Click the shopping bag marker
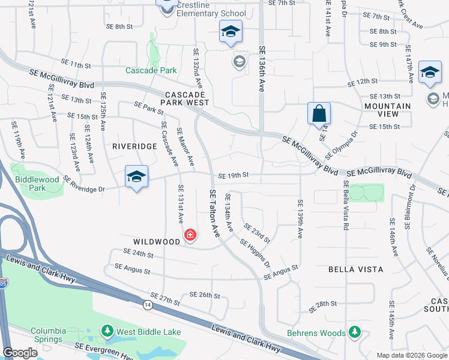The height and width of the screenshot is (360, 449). pyautogui.click(x=319, y=113)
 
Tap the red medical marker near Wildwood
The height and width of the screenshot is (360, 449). pyautogui.click(x=190, y=235)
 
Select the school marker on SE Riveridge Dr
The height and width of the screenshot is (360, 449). pyautogui.click(x=136, y=176)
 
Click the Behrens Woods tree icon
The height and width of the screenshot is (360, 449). pyautogui.click(x=355, y=332)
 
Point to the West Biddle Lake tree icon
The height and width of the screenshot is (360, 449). pyautogui.click(x=107, y=331)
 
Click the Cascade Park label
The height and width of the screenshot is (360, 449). pyautogui.click(x=151, y=70)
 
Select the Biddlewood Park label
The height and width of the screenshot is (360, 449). pyautogui.click(x=38, y=184)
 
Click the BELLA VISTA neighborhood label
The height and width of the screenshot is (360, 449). pyautogui.click(x=356, y=270)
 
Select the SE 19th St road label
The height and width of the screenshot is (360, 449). pyautogui.click(x=234, y=176)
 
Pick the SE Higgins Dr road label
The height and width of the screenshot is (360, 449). pyautogui.click(x=255, y=254)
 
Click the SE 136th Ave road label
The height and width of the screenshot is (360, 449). pyautogui.click(x=262, y=69)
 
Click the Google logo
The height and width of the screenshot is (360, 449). pyautogui.click(x=20, y=353)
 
